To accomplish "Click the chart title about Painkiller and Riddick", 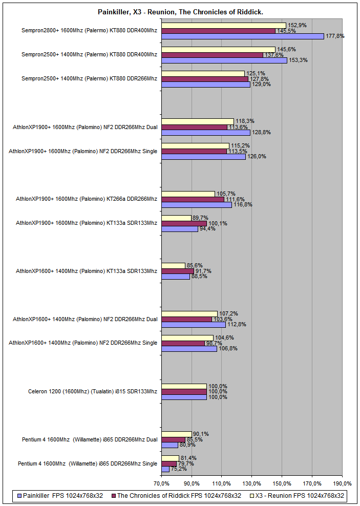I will coord(180,11).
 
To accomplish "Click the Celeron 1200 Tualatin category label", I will coord(93,392).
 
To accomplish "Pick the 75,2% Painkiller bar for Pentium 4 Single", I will coord(165,469).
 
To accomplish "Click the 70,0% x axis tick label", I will coord(161,483).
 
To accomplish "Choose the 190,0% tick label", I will coord(342,483).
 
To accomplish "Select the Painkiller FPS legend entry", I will coord(62,496).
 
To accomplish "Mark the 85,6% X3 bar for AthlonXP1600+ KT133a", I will coord(173,265).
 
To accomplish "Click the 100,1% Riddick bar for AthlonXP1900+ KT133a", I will coord(184,223).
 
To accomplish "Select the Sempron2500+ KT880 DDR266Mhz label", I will coord(90,78).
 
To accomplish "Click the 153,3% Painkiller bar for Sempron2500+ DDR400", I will coord(224,60).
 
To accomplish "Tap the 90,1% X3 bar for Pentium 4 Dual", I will coord(176,434).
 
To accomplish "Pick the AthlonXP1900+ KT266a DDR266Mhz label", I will coord(87,199).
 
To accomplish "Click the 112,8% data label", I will coord(236,324).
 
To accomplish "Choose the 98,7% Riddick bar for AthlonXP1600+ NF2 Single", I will coord(183,343).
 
